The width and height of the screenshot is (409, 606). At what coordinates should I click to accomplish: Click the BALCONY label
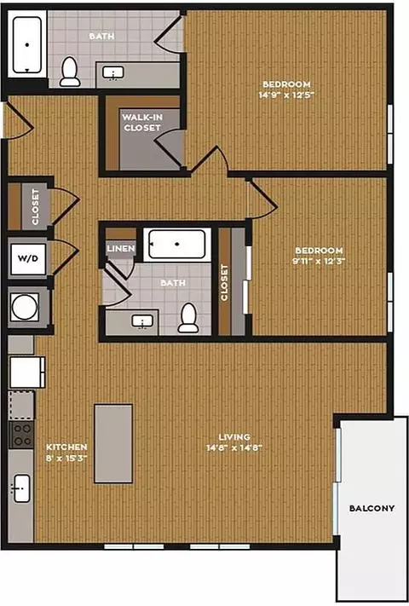(x=372, y=508)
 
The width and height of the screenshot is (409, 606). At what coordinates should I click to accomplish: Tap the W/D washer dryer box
(x=29, y=258)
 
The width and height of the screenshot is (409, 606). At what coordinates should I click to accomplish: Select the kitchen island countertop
(x=113, y=444)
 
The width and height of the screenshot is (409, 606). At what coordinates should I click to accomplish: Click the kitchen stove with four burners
(x=21, y=435)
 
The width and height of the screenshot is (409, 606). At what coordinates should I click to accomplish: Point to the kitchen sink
(x=21, y=488)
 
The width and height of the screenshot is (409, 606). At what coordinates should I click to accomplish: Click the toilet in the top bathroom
(x=70, y=72)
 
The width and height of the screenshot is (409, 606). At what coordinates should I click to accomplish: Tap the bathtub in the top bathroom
(x=27, y=45)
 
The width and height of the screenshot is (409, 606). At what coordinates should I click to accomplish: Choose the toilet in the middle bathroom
(x=188, y=318)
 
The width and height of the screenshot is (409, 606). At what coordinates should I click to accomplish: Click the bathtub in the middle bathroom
(x=177, y=244)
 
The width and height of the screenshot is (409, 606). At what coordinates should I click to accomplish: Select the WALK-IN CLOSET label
(x=142, y=122)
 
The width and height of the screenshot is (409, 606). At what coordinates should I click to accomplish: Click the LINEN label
(x=121, y=249)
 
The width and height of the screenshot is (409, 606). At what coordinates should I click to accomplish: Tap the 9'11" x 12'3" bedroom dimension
(x=319, y=261)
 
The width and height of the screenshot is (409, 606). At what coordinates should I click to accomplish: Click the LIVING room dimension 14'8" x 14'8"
(x=234, y=448)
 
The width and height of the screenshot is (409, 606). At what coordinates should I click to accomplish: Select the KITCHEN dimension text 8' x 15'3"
(x=66, y=458)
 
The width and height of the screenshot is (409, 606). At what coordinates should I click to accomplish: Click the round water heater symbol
(x=25, y=307)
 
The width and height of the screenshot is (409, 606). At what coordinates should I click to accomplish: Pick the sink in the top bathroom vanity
(x=113, y=72)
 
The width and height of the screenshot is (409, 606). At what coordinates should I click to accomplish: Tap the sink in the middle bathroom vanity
(x=142, y=321)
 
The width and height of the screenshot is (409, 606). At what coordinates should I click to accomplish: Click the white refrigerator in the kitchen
(x=27, y=372)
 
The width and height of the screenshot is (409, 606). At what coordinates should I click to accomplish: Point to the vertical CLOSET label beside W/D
(x=35, y=207)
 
